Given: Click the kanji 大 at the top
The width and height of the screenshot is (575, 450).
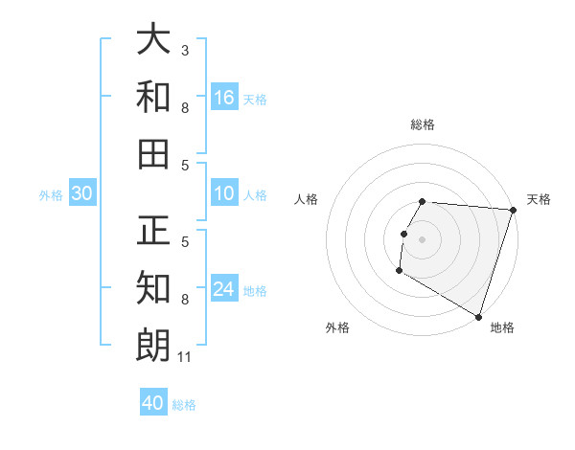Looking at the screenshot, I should [x=154, y=40].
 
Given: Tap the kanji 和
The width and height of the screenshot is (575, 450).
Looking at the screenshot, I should [x=154, y=97].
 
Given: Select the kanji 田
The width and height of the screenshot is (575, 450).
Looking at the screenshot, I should [x=154, y=152].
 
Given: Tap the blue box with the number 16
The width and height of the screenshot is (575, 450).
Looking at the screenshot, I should [x=224, y=98].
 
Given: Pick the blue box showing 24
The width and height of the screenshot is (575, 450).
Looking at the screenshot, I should [x=224, y=290].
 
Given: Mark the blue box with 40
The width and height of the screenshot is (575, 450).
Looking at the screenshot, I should [x=153, y=403].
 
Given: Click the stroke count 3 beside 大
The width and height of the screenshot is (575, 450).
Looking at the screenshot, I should [x=184, y=50].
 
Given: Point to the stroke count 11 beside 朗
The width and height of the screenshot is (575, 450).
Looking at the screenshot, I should [x=185, y=357].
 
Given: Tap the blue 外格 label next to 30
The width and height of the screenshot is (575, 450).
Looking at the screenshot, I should [x=51, y=195].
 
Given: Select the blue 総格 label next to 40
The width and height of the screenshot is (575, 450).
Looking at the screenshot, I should [x=184, y=405].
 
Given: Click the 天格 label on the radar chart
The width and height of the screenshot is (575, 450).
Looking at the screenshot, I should [x=539, y=199].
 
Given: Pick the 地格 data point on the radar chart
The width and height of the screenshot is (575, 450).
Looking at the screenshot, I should [x=477, y=315].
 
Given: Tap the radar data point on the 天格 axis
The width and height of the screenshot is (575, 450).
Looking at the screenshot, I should [x=513, y=210].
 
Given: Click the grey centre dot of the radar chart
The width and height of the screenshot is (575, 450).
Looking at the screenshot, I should [x=422, y=238].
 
